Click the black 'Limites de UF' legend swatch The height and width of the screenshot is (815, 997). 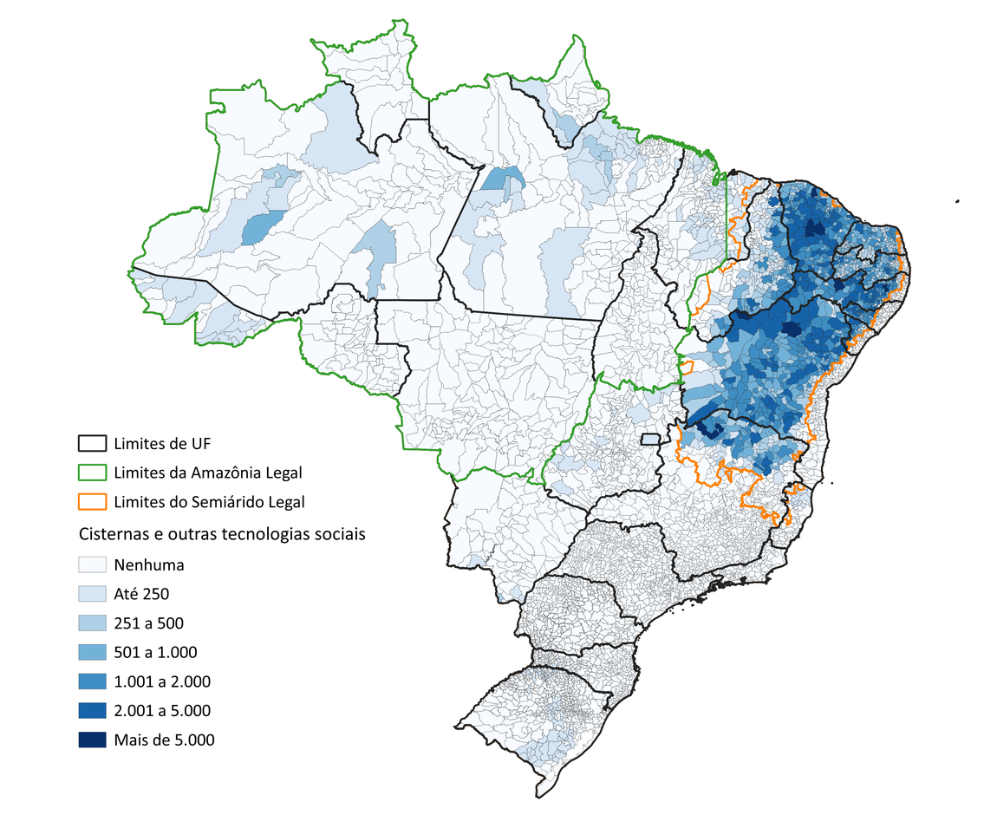(92, 444)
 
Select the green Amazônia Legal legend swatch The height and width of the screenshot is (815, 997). (92, 473)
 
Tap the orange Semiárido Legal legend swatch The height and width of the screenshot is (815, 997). (92, 501)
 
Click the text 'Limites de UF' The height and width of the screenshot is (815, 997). (162, 444)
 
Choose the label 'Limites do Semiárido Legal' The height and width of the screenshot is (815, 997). (209, 501)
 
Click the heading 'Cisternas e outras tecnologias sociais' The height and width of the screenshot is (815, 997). (221, 533)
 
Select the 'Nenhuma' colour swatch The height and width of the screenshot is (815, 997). (92, 564)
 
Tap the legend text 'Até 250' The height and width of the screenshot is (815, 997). (140, 594)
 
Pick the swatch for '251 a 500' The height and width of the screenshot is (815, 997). (92, 623)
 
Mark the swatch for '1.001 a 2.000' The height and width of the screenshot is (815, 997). (92, 681)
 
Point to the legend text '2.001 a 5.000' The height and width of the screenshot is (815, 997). (162, 711)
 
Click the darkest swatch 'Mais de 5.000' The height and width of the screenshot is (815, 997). (92, 740)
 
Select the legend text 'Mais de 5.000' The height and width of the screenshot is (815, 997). (164, 740)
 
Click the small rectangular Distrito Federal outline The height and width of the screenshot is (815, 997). (651, 439)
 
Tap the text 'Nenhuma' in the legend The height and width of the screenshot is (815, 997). (148, 564)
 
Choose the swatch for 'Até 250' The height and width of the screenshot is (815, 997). (92, 594)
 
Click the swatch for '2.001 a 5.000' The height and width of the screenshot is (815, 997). (92, 711)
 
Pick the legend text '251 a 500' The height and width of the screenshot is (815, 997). (148, 623)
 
